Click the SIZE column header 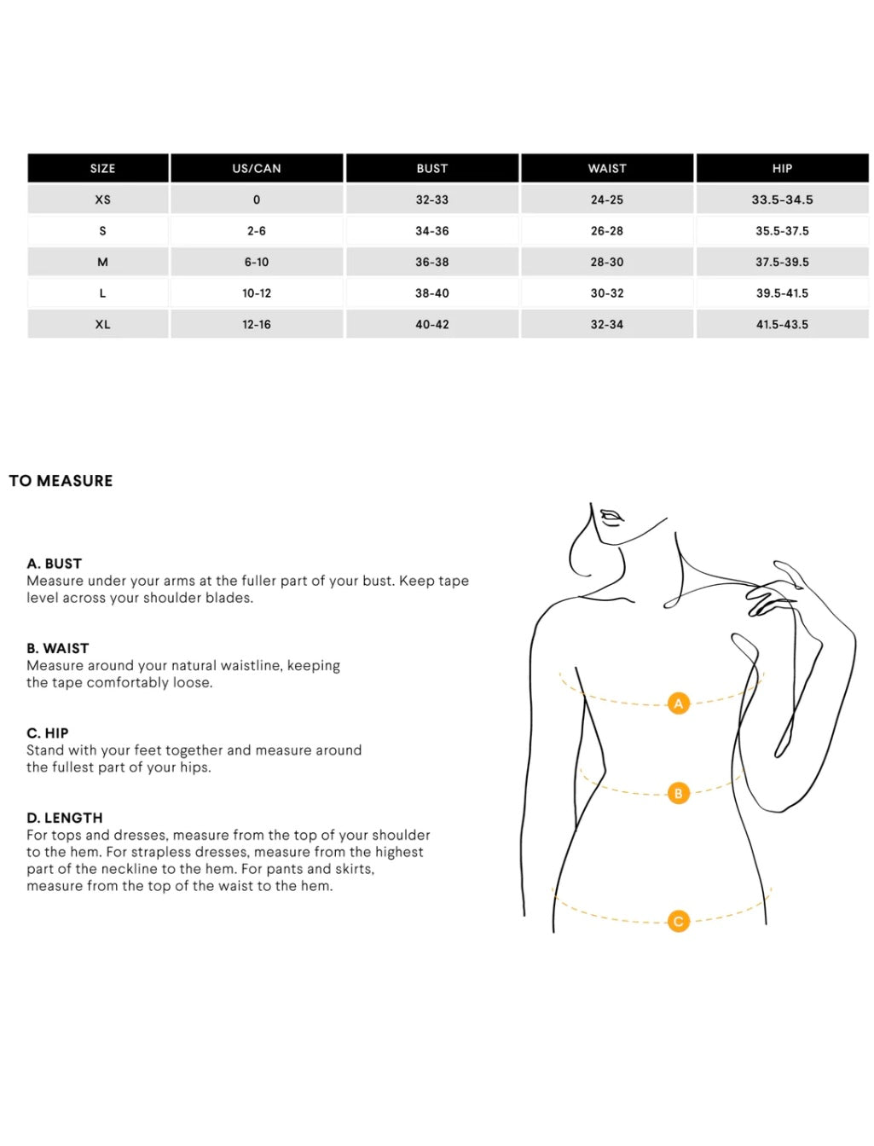(102, 169)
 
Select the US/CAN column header (257, 169)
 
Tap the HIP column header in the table (782, 169)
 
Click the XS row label (102, 200)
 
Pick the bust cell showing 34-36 (432, 231)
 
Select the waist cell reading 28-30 (607, 262)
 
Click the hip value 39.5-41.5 (782, 293)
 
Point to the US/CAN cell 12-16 (257, 325)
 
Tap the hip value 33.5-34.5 (782, 200)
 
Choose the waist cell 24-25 (607, 200)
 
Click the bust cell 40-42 (432, 325)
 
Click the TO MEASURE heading (61, 481)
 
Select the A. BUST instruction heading (55, 564)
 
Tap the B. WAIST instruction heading (58, 648)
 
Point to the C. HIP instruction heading (48, 733)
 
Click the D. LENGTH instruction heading (65, 818)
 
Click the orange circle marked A (679, 703)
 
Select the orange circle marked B (679, 793)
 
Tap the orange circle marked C (679, 921)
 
